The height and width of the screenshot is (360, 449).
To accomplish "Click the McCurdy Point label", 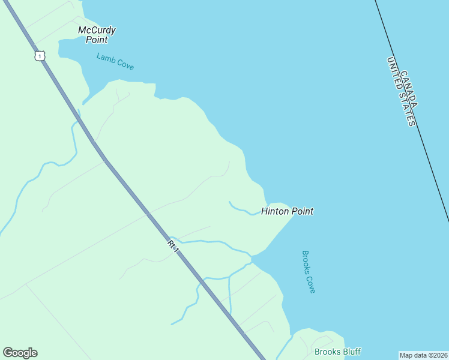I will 97,35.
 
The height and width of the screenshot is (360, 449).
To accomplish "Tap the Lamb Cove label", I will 115,61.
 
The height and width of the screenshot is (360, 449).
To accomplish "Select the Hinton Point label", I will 287,211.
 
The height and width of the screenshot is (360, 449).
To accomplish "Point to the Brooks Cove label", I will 309,272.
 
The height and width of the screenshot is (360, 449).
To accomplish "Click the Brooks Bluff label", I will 337,352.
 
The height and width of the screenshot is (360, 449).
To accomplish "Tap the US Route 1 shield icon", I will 39,56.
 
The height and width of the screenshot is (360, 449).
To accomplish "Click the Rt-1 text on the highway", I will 173,245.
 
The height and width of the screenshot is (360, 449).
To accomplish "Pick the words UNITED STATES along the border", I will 401,92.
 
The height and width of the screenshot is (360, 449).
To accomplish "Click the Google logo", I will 20,353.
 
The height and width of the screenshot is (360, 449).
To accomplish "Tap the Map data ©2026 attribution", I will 423,355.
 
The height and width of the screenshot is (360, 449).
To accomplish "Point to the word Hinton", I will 275,211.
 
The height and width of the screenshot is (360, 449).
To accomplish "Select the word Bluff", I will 351,352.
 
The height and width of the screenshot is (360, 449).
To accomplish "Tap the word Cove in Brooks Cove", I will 311,283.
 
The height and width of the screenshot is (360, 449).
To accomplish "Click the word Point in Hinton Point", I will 303,211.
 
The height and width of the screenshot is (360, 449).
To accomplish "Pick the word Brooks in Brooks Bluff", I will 327,352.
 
